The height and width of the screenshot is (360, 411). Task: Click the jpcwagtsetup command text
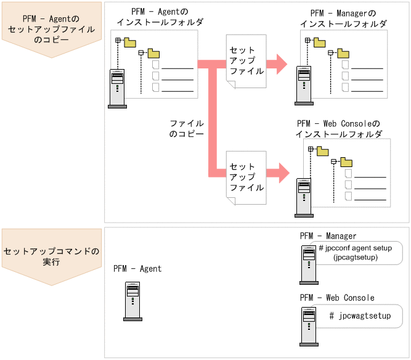[x=360, y=316]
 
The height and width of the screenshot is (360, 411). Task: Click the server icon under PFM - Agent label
[x=132, y=301]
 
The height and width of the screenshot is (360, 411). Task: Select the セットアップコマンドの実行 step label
[x=51, y=257]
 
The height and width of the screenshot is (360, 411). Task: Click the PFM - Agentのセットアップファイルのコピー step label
[x=51, y=29]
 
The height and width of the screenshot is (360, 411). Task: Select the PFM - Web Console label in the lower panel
[x=336, y=298]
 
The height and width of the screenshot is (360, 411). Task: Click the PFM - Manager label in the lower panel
[x=328, y=236]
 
